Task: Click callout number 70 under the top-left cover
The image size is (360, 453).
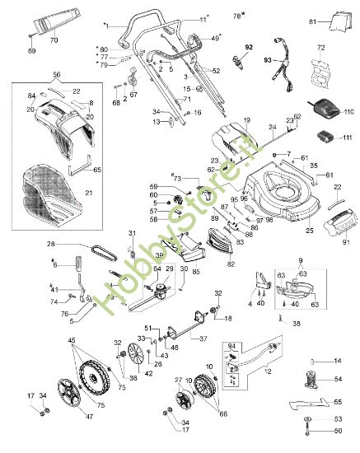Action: pyautogui.click(x=54, y=39)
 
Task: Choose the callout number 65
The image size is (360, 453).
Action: pyautogui.click(x=98, y=169)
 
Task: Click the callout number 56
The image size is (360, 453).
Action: pyautogui.click(x=56, y=72)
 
